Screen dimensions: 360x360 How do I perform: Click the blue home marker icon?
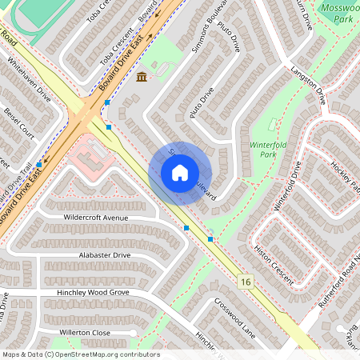[179, 173]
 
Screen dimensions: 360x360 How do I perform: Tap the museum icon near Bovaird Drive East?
[142, 76]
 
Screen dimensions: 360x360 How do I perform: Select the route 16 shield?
[245, 282]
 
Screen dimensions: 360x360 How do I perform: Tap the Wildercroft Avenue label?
[95, 217]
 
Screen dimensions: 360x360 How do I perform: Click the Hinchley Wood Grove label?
[93, 294]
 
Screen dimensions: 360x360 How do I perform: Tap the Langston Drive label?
[310, 85]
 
